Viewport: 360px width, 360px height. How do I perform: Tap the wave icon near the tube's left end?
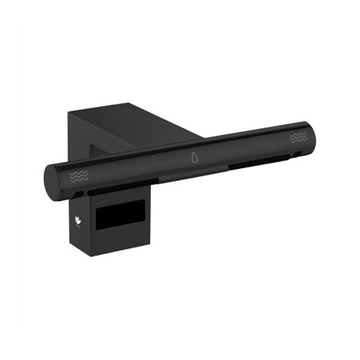79,174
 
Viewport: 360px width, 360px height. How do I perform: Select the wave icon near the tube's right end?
299,138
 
